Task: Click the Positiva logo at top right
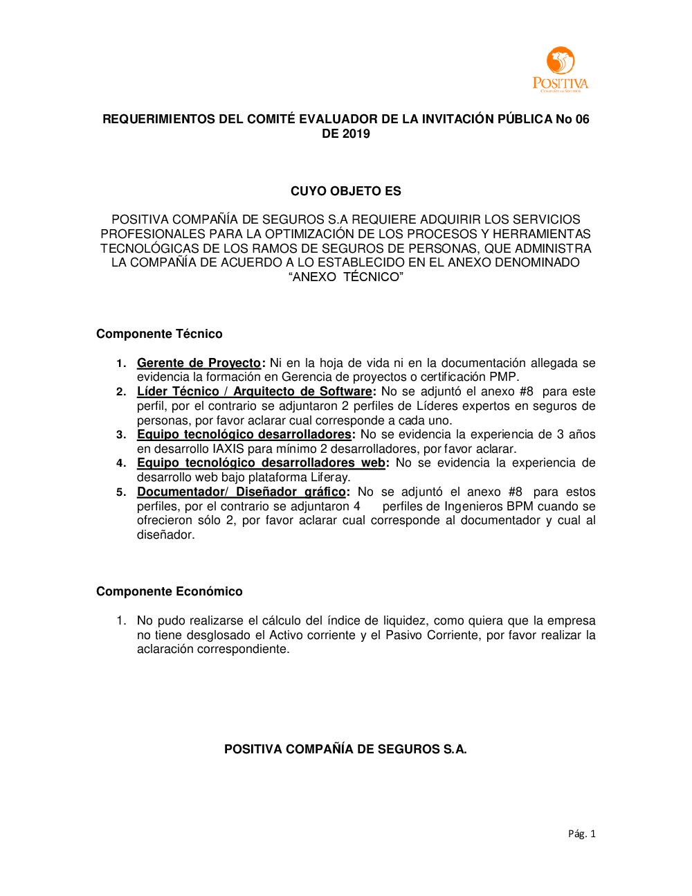click(x=561, y=70)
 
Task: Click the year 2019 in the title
click(x=356, y=134)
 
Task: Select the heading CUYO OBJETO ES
click(x=345, y=191)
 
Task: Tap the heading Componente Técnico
click(x=159, y=334)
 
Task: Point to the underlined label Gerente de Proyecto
click(x=199, y=363)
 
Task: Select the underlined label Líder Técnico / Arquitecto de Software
click(x=254, y=391)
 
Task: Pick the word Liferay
click(x=329, y=477)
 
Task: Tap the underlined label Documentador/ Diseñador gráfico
click(x=241, y=492)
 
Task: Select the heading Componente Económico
click(x=170, y=591)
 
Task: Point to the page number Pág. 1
click(x=581, y=834)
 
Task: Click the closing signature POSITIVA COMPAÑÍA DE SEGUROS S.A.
click(x=345, y=749)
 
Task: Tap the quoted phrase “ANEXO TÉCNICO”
click(x=345, y=277)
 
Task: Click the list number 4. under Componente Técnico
click(x=121, y=463)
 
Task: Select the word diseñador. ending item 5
click(x=165, y=535)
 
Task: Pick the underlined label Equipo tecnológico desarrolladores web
click(x=261, y=463)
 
